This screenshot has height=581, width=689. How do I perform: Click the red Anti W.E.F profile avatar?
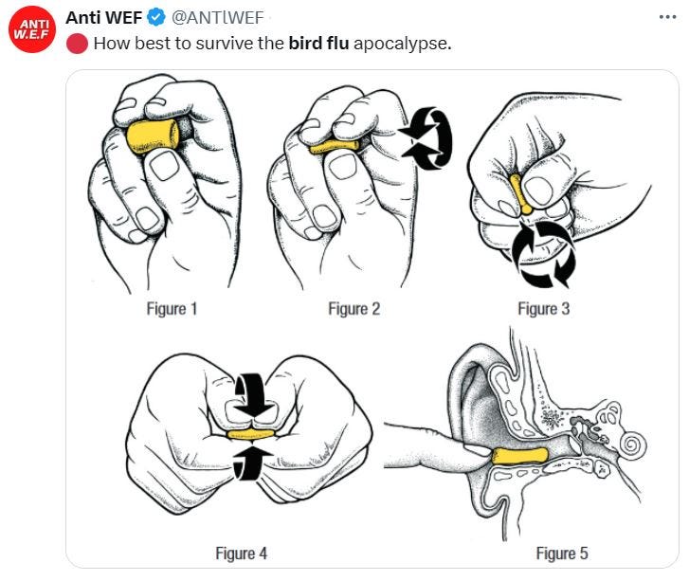[x=32, y=29]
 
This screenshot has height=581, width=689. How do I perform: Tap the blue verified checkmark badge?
[x=156, y=18]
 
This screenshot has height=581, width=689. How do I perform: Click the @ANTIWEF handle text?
[x=218, y=18]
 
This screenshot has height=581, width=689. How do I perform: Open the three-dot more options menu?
[x=667, y=17]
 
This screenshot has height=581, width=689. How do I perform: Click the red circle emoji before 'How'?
[x=77, y=44]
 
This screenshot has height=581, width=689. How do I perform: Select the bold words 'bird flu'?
[x=318, y=43]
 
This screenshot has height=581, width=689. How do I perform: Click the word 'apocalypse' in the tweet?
[x=401, y=44]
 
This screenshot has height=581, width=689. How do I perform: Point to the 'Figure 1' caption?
[x=172, y=309]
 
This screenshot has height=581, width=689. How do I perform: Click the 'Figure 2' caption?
[x=354, y=309]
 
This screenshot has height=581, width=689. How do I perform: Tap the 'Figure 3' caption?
[x=544, y=309]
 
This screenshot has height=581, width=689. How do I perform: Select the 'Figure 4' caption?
[x=242, y=553]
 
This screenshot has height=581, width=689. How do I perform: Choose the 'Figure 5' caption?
[x=562, y=553]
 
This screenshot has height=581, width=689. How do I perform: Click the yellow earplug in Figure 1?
[x=153, y=136]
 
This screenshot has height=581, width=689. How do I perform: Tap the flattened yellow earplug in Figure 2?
[x=334, y=147]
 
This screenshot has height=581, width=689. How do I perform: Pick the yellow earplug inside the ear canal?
[x=519, y=456]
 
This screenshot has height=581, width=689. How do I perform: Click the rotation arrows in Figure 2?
[x=425, y=137]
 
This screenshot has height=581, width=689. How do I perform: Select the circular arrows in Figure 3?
[x=544, y=254]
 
